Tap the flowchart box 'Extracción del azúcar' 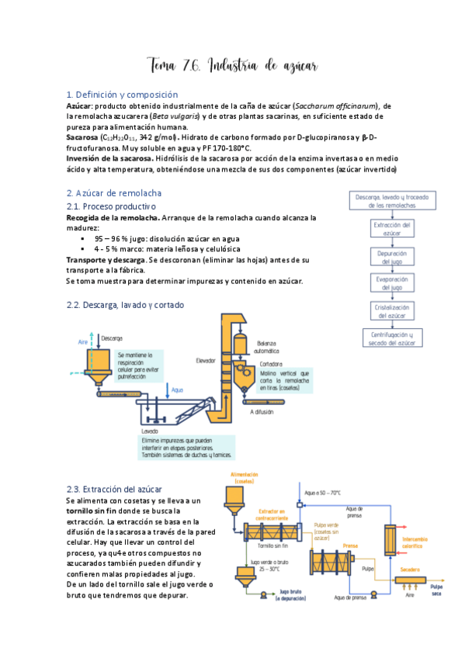pyautogui.click(x=391, y=229)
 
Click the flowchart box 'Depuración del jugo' pyautogui.click(x=391, y=256)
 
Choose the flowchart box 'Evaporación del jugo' pyautogui.click(x=391, y=283)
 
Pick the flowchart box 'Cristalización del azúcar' pyautogui.click(x=391, y=310)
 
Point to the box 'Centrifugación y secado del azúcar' pyautogui.click(x=391, y=338)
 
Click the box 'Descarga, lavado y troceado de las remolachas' pyautogui.click(x=391, y=201)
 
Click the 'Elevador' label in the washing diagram pyautogui.click(x=205, y=359)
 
